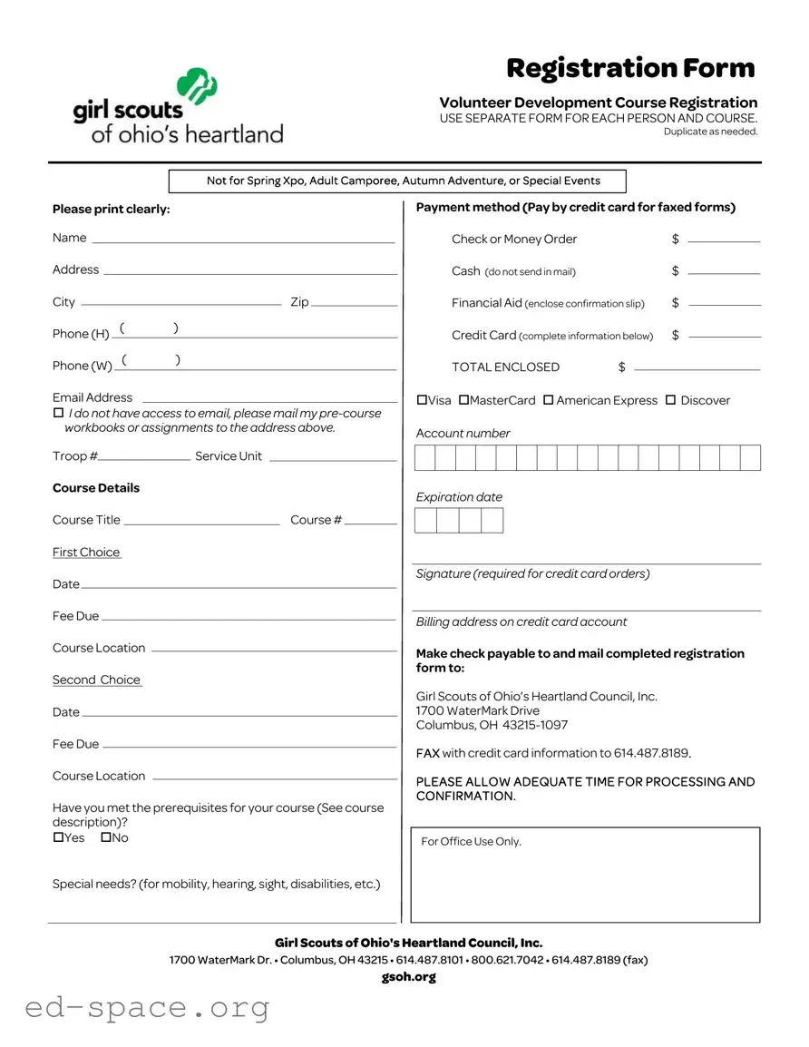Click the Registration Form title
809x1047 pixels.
[x=630, y=68]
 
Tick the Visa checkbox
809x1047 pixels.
[x=422, y=400]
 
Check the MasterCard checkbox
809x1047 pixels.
[x=463, y=400]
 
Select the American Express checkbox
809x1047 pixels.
[x=548, y=400]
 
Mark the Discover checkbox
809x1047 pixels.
[x=671, y=400]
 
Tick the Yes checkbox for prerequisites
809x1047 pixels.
[x=58, y=837]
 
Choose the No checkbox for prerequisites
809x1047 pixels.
[x=106, y=837]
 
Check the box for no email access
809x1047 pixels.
[x=58, y=414]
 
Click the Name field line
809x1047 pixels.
[x=243, y=240]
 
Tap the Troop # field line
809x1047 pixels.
[x=145, y=459]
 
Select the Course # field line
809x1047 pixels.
[x=370, y=523]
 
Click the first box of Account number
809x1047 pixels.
[x=424, y=458]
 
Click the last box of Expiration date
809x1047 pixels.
[x=492, y=521]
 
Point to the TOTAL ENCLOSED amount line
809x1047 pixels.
[x=697, y=368]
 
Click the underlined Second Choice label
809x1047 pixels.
[x=97, y=680]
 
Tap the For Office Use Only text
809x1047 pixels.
[x=471, y=842]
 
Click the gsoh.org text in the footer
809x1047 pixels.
[x=408, y=976]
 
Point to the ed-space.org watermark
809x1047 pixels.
[x=148, y=1007]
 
